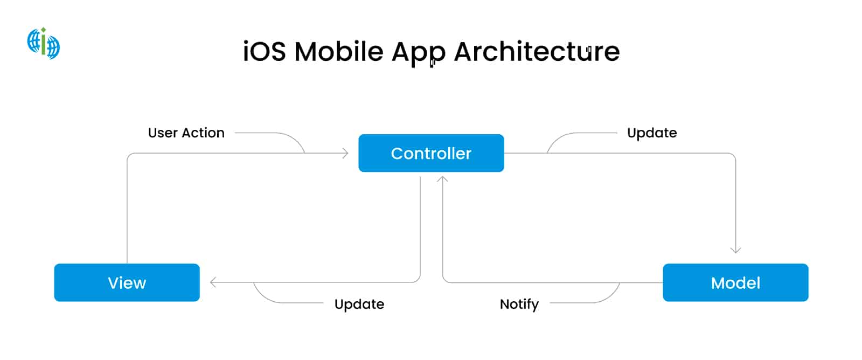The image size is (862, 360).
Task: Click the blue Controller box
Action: [x=431, y=153]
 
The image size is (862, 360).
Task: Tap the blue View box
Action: [x=127, y=282]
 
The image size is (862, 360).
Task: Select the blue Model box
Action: [x=735, y=282]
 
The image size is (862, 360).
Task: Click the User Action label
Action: [x=186, y=133]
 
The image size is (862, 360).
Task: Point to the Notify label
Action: [x=519, y=304]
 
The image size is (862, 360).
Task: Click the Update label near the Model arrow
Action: [x=652, y=133]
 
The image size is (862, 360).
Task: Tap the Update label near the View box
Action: [x=359, y=304]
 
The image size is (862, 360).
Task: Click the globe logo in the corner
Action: [x=44, y=43]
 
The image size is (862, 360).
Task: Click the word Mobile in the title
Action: [x=339, y=52]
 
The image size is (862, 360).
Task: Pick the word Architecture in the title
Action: [x=537, y=52]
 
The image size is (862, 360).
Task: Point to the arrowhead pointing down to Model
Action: [x=735, y=250]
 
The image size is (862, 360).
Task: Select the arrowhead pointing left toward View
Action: [x=213, y=282]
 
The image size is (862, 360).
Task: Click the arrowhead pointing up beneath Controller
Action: [x=442, y=179]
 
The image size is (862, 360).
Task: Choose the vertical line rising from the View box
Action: [x=127, y=216]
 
